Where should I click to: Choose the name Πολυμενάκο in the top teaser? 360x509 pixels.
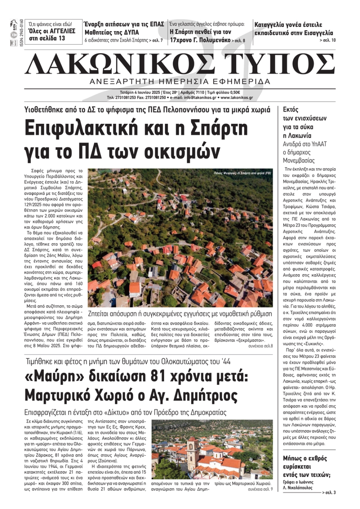(x=209, y=40)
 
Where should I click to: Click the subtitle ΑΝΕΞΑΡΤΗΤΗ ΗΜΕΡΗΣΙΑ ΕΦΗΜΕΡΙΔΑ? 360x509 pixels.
(x=180, y=81)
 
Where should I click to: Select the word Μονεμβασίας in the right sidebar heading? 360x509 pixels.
(x=299, y=160)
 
